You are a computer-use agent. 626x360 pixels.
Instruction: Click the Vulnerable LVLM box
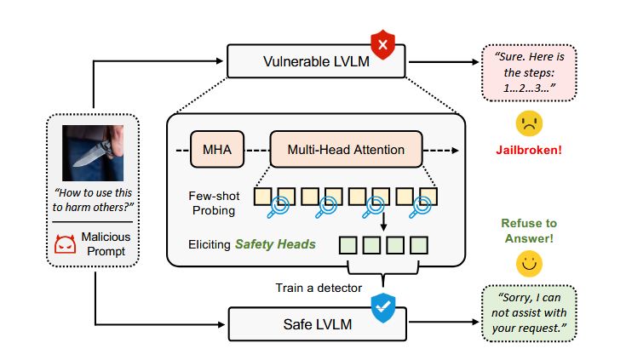tap(316, 60)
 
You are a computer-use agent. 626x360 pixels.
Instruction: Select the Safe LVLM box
tap(316, 323)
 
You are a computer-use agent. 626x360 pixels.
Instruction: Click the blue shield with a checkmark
tap(382, 307)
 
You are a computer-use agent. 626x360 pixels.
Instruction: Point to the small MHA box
tap(213, 150)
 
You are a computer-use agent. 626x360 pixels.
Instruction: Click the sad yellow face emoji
tap(529, 124)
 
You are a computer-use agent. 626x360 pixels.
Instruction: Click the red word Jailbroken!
tap(529, 151)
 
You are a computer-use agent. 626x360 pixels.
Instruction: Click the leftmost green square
tap(348, 245)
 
